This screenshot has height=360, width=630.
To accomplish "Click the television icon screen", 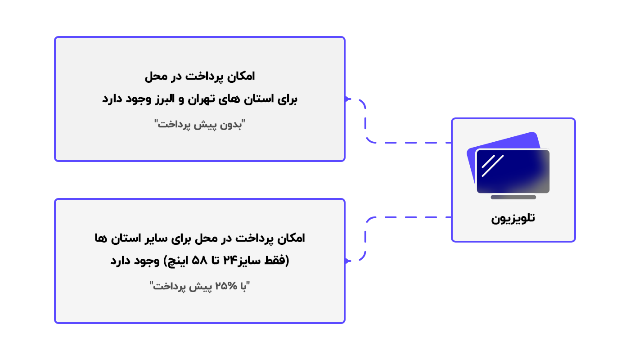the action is (x=513, y=171).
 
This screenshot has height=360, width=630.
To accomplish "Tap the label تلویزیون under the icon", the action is (x=513, y=219).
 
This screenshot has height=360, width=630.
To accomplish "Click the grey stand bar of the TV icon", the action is (x=513, y=197).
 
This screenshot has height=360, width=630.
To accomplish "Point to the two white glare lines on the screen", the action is (x=493, y=166).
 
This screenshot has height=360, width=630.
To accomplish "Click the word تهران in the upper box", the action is (x=201, y=99).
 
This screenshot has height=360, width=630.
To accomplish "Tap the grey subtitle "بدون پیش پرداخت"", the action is (x=200, y=125).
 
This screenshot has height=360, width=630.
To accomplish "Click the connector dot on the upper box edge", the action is (x=346, y=99).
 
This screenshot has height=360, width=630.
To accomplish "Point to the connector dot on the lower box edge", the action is (x=346, y=261).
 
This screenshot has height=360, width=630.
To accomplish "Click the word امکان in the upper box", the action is (x=241, y=76).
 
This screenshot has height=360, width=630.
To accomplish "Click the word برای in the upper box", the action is (x=288, y=99).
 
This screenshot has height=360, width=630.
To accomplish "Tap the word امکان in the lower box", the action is (x=291, y=238).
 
